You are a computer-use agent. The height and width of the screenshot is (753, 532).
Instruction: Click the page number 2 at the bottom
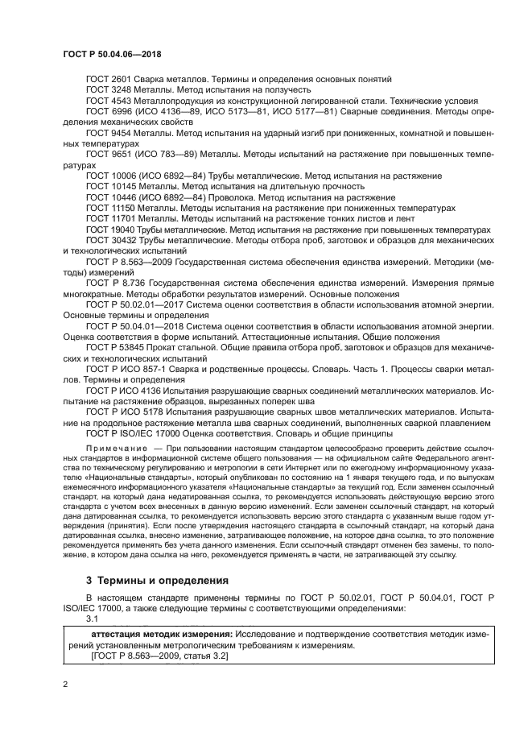[65, 685]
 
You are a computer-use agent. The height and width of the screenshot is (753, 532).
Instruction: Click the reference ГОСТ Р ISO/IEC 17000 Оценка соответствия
[185, 433]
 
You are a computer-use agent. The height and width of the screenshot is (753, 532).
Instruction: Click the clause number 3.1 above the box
[92, 619]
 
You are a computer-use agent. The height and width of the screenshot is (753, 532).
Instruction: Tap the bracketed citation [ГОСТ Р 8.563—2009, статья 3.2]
[160, 656]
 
